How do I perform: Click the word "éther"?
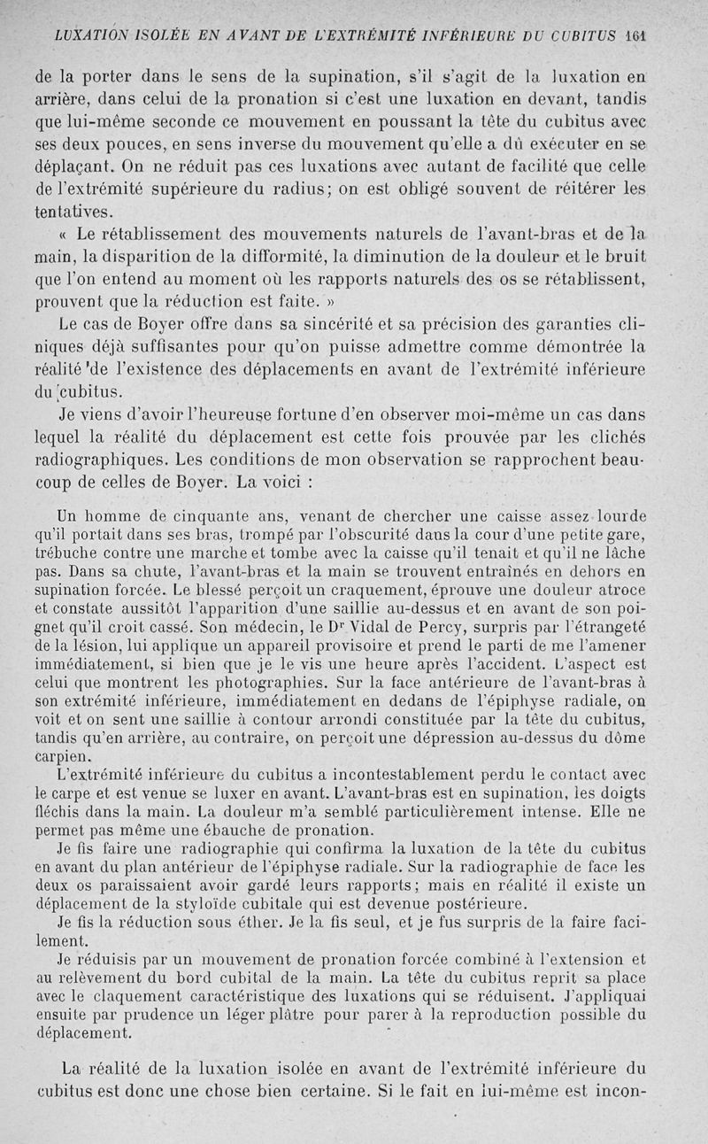264,923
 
